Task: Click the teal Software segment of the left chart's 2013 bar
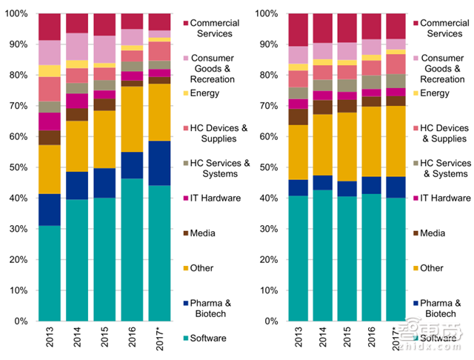50,274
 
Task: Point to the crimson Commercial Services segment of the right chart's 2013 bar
298,30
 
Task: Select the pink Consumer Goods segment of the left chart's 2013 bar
50,52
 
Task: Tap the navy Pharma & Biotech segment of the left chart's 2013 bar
50,210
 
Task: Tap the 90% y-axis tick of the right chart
266,44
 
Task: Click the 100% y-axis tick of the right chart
264,14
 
